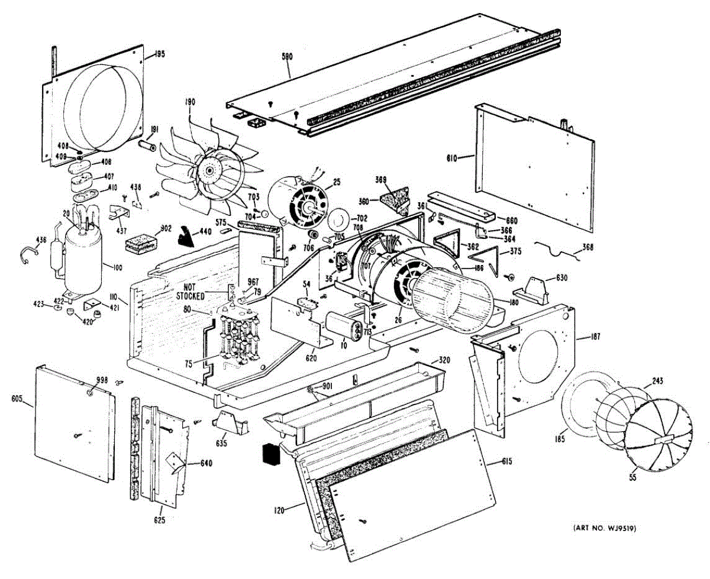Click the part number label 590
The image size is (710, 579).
coord(287,57)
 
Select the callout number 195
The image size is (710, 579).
coord(159,54)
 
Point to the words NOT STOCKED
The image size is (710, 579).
coord(191,292)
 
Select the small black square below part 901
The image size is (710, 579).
coord(270,453)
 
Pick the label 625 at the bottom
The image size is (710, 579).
coord(160,520)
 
